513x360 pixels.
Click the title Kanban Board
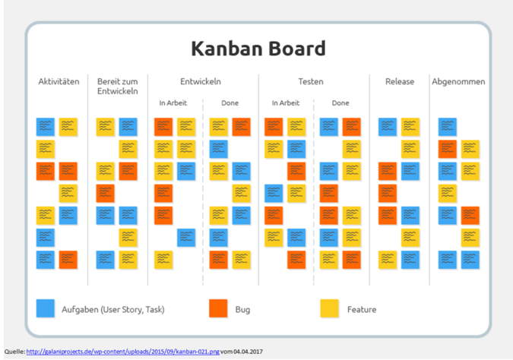click(258, 49)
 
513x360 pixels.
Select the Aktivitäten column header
click(59, 82)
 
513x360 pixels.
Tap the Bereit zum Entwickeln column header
click(117, 87)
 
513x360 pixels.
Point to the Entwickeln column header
click(201, 82)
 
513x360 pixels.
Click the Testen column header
click(311, 82)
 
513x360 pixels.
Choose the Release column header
click(400, 82)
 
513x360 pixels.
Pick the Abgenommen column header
click(458, 82)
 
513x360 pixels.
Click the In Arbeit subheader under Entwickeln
click(173, 103)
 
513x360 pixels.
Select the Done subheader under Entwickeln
click(230, 103)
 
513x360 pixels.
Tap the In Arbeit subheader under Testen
click(285, 103)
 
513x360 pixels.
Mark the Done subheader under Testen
click(340, 103)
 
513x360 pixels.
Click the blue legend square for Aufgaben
click(46, 308)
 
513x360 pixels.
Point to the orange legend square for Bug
click(218, 308)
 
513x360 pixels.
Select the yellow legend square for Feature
click(329, 308)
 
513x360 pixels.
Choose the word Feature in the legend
click(362, 309)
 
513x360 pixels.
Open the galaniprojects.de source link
click(122, 352)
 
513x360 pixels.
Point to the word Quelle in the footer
click(14, 352)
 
